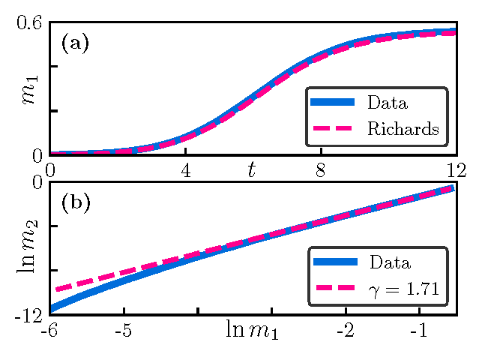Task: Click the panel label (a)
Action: tap(75, 43)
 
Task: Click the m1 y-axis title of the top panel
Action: tap(28, 89)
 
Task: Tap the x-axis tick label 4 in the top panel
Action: tap(185, 169)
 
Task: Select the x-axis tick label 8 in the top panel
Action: tap(320, 169)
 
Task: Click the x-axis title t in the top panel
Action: tap(253, 170)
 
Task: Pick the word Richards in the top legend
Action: tap(403, 128)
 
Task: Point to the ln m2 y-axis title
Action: tap(27, 247)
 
